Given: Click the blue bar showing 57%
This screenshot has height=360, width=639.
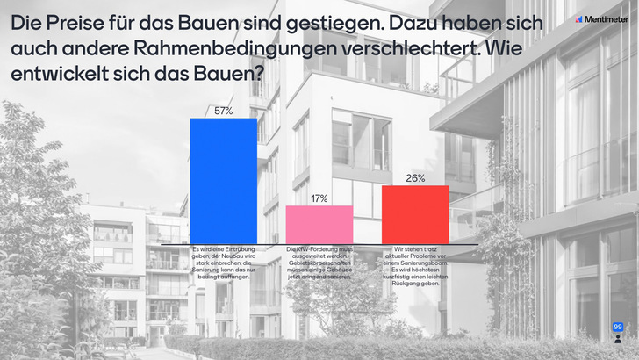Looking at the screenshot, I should point(223,180).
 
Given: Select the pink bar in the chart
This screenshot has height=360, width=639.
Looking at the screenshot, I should point(319,224).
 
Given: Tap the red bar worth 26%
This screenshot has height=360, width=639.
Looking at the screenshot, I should point(415,214).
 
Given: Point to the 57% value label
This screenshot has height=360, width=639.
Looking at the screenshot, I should point(223,112).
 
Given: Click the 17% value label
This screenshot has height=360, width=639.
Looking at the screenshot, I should point(319,199).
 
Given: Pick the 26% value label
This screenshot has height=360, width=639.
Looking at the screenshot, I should point(415,178).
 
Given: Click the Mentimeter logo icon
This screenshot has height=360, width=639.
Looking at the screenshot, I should point(579,18).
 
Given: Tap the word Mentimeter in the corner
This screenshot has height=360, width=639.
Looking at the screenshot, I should point(607,18).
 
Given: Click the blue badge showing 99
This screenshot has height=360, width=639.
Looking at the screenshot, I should point(617,327).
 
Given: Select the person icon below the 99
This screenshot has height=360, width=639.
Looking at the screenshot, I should point(617,337).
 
